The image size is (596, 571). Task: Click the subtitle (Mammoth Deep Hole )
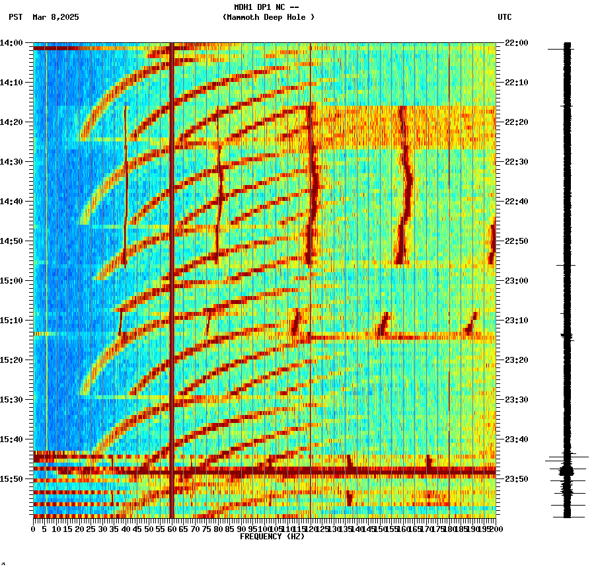pos(268,17)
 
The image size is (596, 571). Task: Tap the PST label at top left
pos(15,17)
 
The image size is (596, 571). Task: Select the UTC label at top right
pos(504,17)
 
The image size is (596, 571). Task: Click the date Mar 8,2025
pos(56,17)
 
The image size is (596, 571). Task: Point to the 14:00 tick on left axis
pos(12,43)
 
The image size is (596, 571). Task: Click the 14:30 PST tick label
pos(12,162)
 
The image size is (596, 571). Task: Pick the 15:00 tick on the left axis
pos(12,281)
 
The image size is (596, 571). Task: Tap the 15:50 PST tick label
pos(12,478)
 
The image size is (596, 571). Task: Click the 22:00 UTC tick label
pos(515,43)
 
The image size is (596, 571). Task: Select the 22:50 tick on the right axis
pos(515,241)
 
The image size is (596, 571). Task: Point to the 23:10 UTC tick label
pos(515,321)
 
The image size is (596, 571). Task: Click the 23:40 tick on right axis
pos(515,439)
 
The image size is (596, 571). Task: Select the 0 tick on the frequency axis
pos(34,529)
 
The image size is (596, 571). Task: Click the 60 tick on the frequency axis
pos(172,529)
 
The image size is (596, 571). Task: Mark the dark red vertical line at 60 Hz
pos(172,264)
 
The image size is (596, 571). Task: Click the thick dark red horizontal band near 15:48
pos(264,471)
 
